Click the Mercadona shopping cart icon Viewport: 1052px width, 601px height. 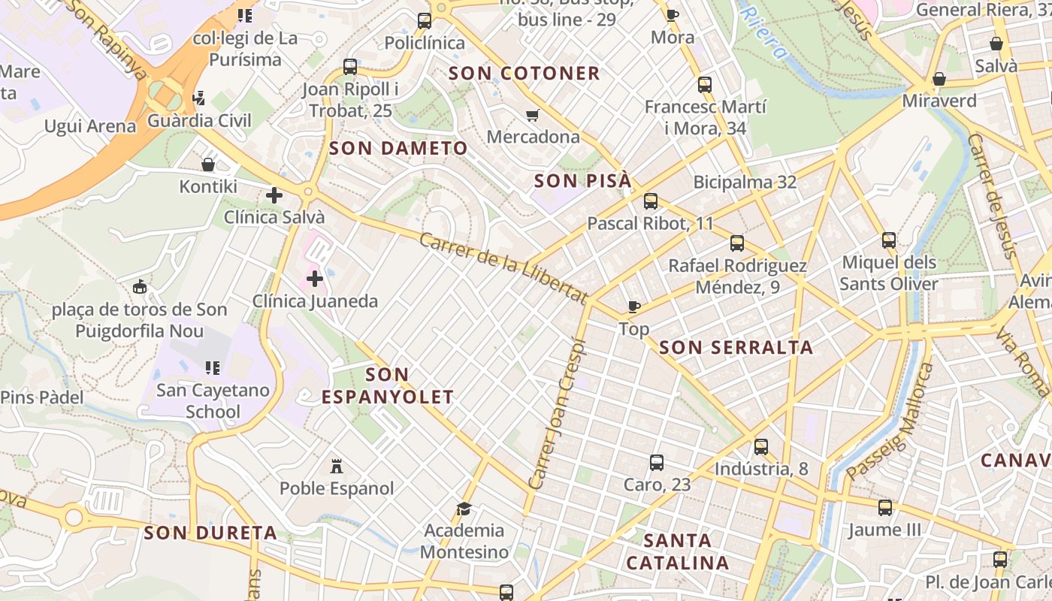[533, 115]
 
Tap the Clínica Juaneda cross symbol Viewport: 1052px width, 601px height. [315, 279]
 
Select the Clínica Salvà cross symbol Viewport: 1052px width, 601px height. [274, 195]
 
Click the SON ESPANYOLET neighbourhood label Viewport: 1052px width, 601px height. [388, 385]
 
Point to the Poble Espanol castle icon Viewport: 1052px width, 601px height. [337, 467]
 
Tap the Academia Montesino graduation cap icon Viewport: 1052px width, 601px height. [464, 509]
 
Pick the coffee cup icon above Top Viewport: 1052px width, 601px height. [634, 307]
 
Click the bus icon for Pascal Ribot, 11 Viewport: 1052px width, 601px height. [651, 201]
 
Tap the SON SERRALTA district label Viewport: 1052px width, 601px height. [736, 347]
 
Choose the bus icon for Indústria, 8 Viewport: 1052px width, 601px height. [761, 447]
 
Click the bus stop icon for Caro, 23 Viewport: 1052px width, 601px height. [657, 463]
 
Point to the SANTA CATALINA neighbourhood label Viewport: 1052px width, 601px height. [677, 551]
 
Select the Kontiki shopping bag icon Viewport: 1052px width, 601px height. [208, 164]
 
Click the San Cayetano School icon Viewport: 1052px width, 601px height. [213, 368]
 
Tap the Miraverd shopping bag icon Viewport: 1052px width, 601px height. [939, 79]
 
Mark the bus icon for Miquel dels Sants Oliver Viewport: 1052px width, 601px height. [889, 240]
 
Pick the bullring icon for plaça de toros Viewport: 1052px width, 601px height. [140, 286]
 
